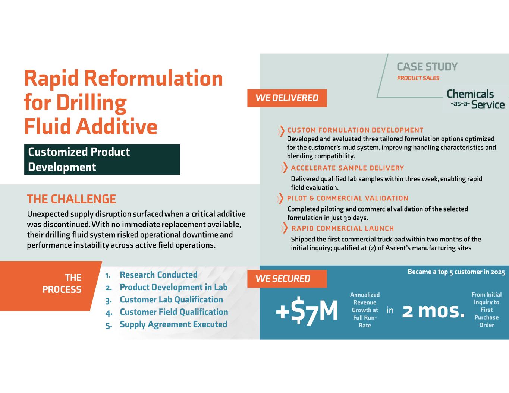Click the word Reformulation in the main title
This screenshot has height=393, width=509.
[x=153, y=78]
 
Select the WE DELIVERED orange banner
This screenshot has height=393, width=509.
[x=287, y=98]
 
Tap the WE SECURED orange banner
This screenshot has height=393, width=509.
[x=287, y=279]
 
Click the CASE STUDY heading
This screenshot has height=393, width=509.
[x=427, y=67]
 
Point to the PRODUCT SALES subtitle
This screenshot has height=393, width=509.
[x=418, y=78]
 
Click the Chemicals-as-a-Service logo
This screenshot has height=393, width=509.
[x=475, y=99]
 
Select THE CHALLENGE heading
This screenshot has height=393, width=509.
[x=72, y=199]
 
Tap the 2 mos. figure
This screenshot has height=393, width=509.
[x=433, y=311]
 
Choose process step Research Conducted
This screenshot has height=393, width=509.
[x=158, y=275]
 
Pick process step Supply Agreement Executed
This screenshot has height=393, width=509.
[x=173, y=324]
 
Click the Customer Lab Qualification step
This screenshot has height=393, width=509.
[x=171, y=299]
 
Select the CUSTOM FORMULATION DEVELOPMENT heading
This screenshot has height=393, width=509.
[x=355, y=130]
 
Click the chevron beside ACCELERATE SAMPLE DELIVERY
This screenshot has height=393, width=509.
[x=284, y=168]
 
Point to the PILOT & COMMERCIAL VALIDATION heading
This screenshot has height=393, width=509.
[x=348, y=199]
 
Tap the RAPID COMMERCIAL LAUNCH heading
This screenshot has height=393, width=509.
[x=343, y=228]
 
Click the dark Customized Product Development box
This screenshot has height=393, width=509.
[x=102, y=159]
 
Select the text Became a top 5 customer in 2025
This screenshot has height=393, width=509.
[x=456, y=272]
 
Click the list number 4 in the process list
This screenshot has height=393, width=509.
[x=109, y=313]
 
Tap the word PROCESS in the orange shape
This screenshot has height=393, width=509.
[x=62, y=289]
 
